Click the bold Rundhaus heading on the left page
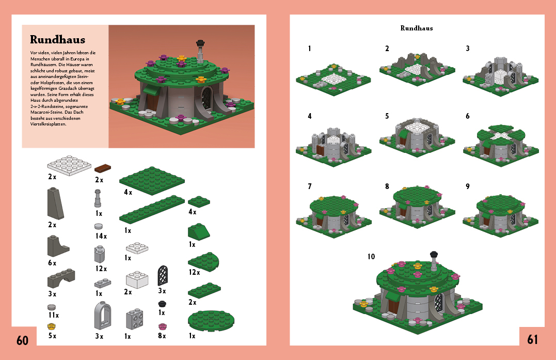click(x=57, y=39)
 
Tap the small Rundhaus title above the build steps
click(x=417, y=28)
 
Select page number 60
click(x=22, y=340)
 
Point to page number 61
click(x=532, y=339)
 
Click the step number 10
click(x=371, y=256)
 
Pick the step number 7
click(x=310, y=186)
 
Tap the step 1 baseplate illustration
click(x=333, y=80)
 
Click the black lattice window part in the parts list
click(x=163, y=275)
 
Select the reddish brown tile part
click(x=103, y=168)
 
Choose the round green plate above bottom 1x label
click(x=211, y=320)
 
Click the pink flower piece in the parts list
click(x=162, y=326)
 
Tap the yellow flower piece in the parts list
click(x=52, y=326)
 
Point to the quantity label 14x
click(x=101, y=236)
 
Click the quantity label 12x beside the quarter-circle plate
click(x=194, y=272)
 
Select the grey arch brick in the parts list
click(x=61, y=278)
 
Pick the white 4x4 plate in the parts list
click(x=69, y=165)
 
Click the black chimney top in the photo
click(x=200, y=43)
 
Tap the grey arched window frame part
click(x=103, y=315)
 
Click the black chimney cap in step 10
click(x=434, y=255)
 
